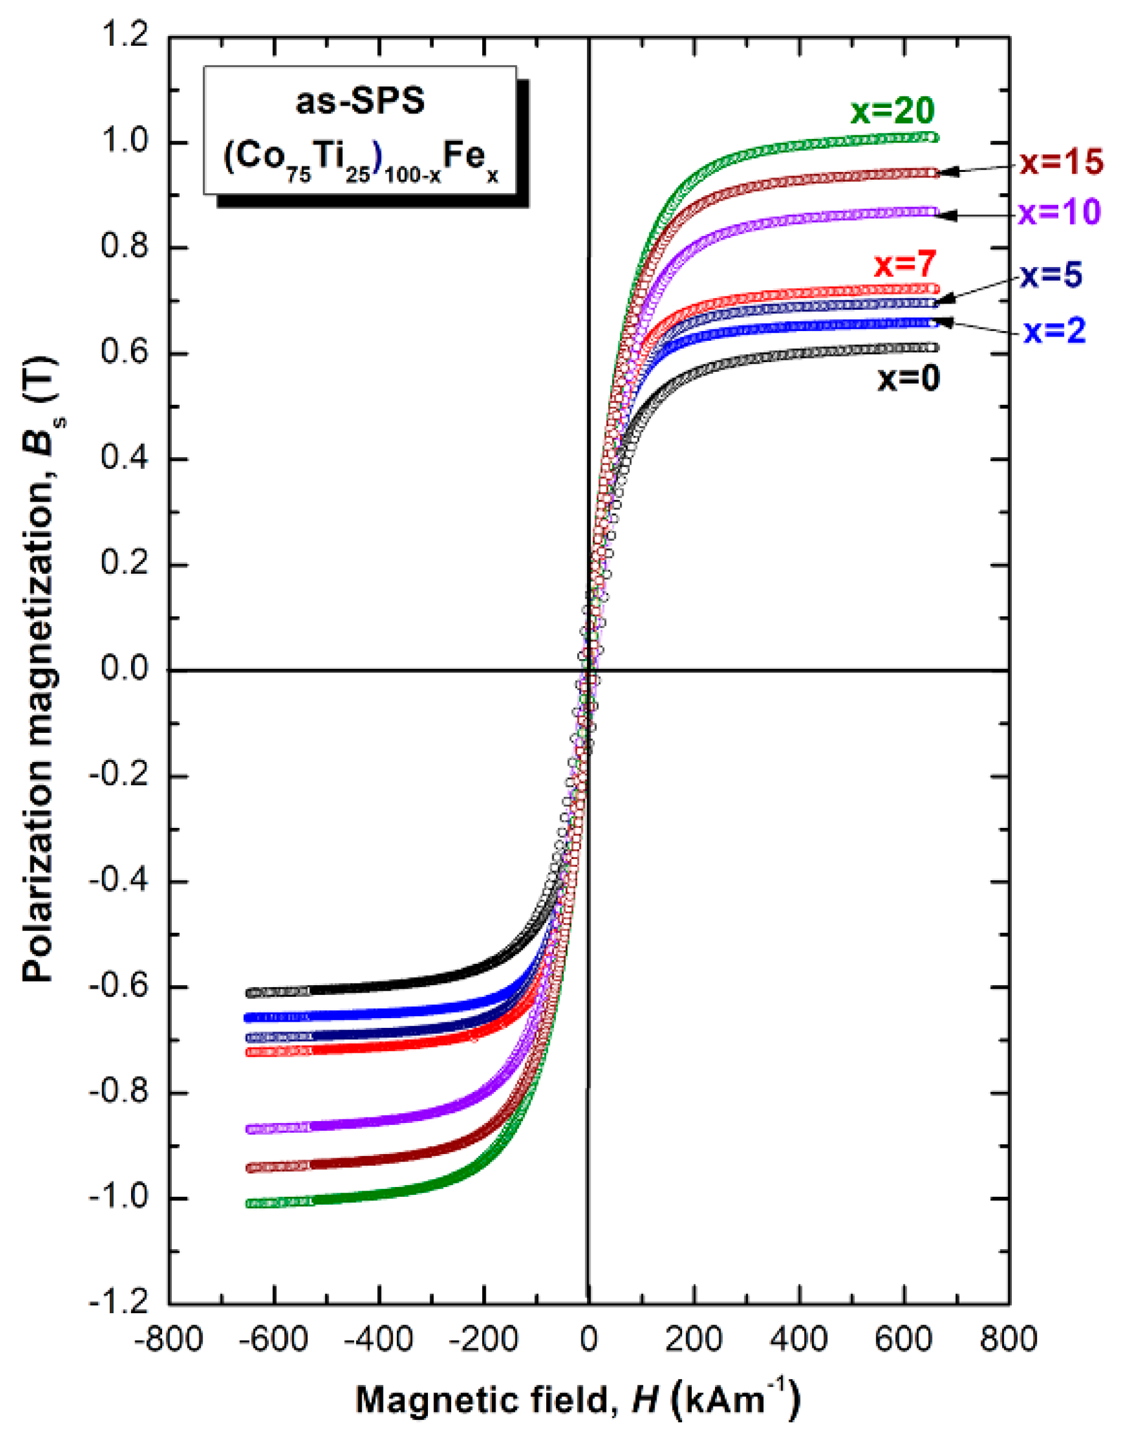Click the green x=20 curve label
coord(892,112)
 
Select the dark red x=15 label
coord(1061,163)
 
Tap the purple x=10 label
coord(1059,212)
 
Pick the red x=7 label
coord(905,265)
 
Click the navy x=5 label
coord(1051,276)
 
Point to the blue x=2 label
coord(1054,332)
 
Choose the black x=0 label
coord(908,379)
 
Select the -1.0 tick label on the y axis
coord(119,1198)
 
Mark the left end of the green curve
coord(251,1203)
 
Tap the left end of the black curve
coord(251,993)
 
